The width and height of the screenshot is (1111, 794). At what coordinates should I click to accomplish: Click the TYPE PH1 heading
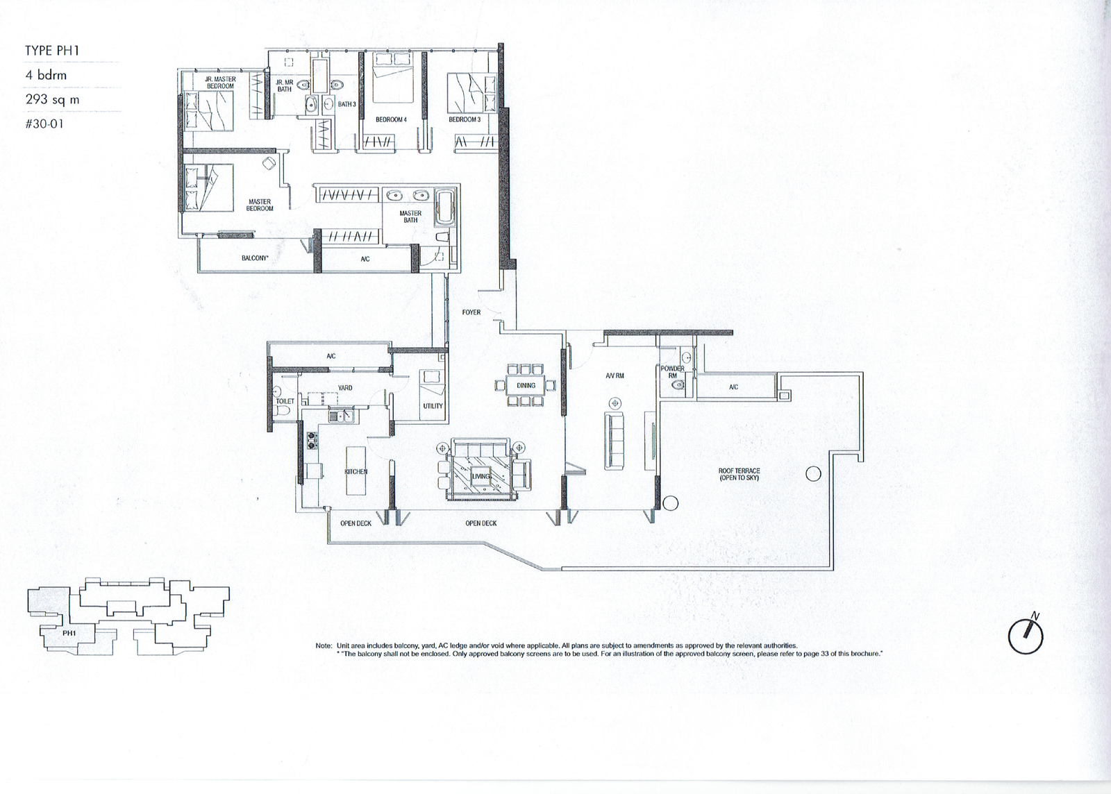[52, 51]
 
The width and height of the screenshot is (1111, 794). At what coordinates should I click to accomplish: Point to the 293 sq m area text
[53, 100]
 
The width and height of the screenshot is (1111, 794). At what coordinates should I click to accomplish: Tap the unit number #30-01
[44, 124]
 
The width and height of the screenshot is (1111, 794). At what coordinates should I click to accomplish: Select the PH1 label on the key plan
[69, 633]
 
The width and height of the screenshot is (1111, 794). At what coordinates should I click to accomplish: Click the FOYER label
[471, 312]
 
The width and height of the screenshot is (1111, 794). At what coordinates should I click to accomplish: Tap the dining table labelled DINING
[526, 385]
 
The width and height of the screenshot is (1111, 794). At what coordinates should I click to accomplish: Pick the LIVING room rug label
[481, 476]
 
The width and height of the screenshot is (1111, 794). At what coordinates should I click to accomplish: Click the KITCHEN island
[356, 471]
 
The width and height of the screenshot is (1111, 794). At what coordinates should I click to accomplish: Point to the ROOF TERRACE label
[739, 474]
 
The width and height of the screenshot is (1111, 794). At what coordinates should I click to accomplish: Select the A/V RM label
[615, 375]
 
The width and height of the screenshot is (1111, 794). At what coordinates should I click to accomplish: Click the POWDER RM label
[673, 372]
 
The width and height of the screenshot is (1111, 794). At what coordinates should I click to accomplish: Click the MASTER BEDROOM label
[260, 205]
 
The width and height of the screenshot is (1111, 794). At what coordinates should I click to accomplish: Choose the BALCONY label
[255, 258]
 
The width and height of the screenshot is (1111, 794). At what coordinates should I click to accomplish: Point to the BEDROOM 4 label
[391, 119]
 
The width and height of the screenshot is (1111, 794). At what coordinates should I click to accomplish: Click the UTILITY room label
[433, 406]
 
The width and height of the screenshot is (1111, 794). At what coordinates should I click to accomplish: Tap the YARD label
[344, 387]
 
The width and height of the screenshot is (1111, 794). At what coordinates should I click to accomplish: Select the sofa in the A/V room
[614, 440]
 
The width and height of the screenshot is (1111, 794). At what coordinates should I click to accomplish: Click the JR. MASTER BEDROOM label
[220, 83]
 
